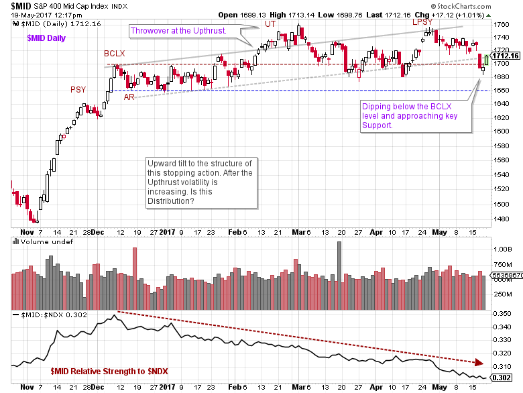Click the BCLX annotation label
click(x=115, y=52)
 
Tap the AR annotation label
click(x=128, y=97)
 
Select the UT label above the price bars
click(x=270, y=24)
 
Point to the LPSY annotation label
click(x=422, y=23)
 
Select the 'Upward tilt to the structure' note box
click(x=200, y=187)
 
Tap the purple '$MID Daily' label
click(x=46, y=38)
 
